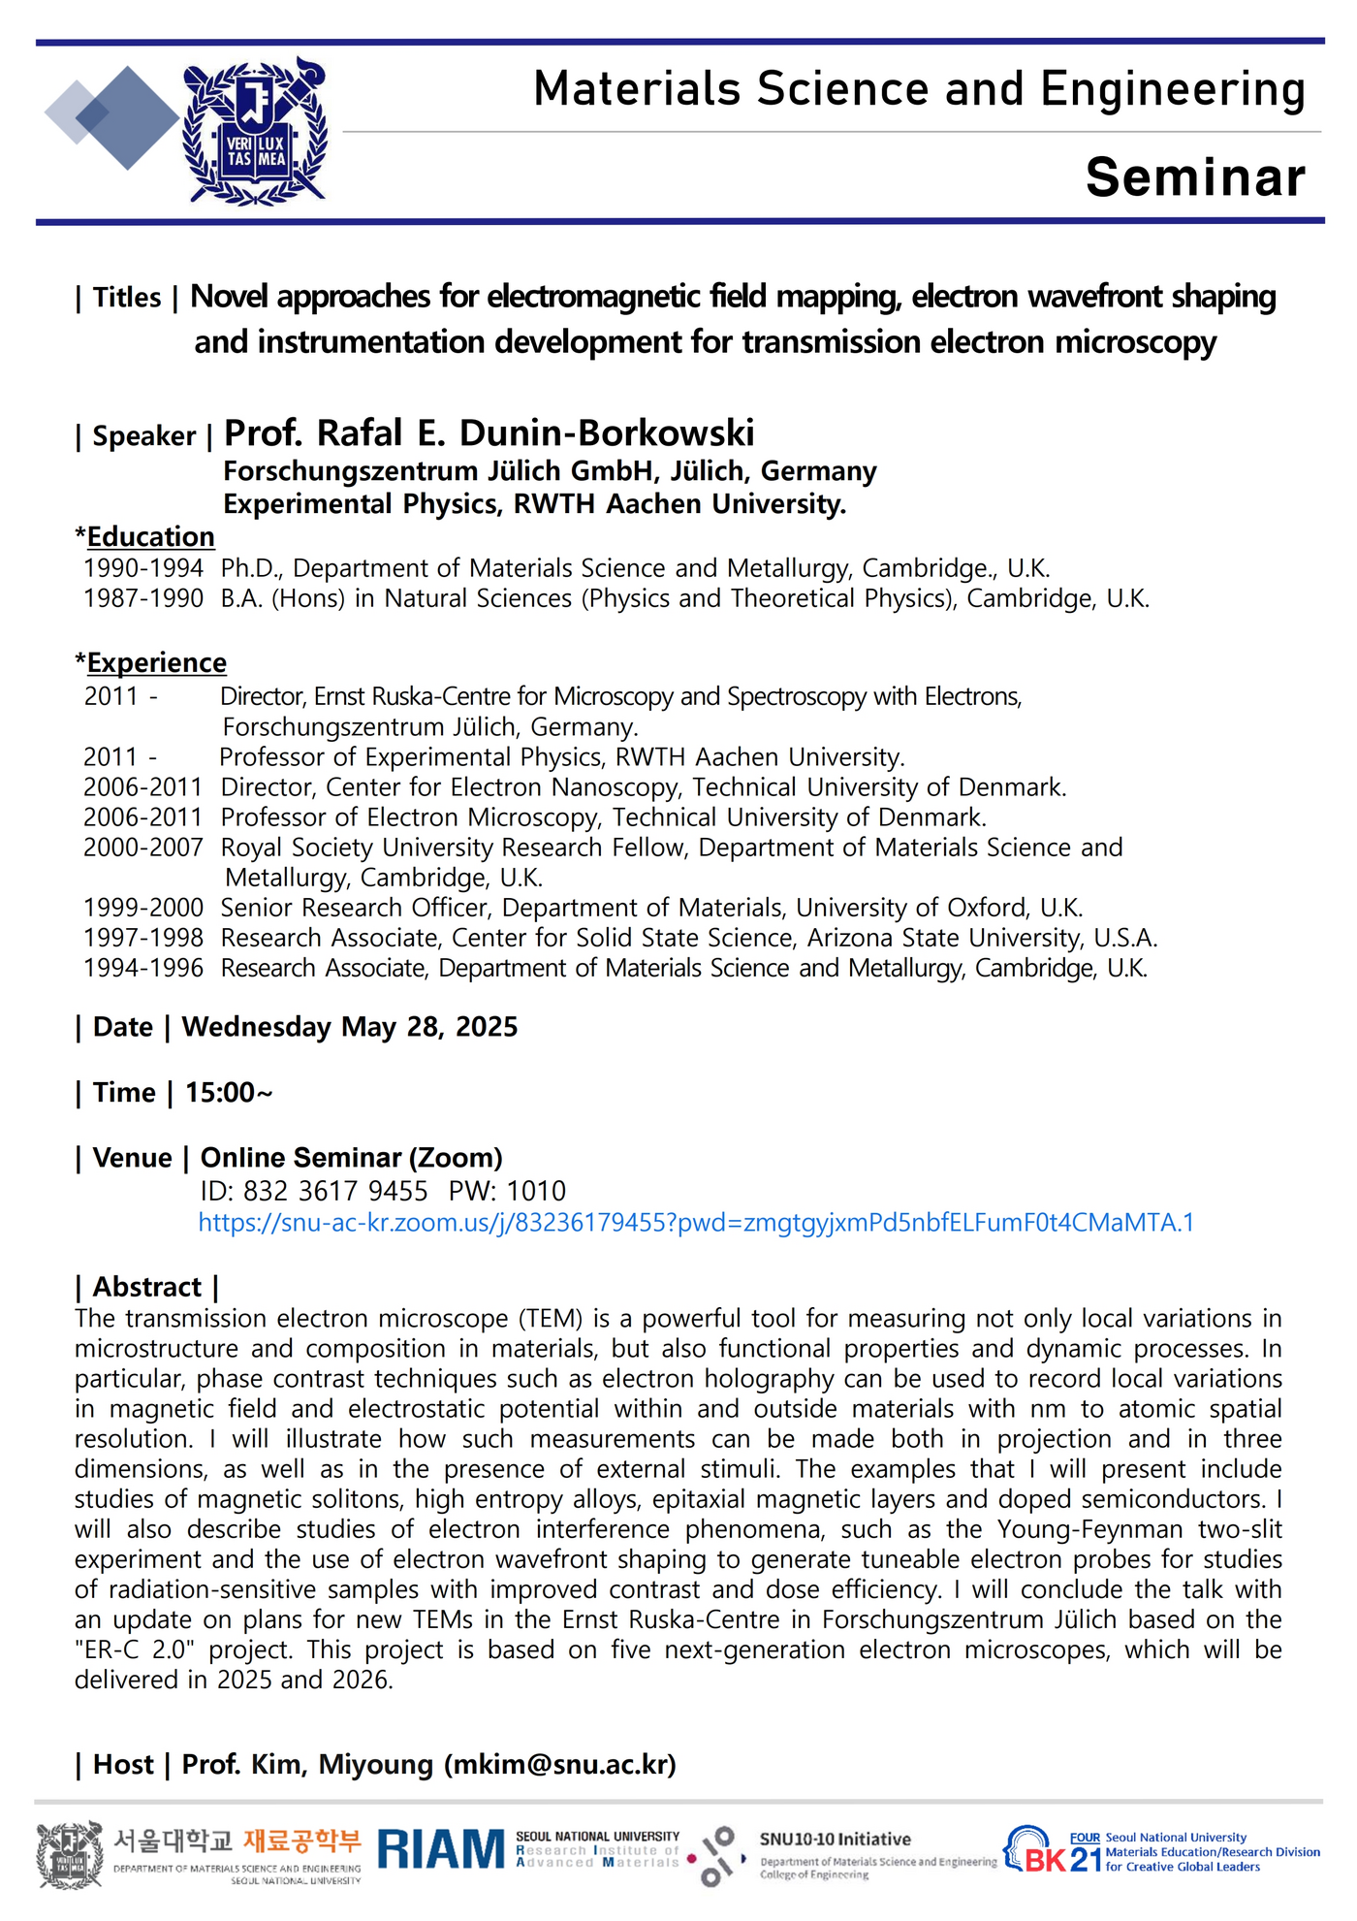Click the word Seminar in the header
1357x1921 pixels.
pos(1195,177)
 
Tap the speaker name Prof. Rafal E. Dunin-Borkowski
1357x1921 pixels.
pos(489,433)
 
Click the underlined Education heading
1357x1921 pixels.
pos(150,536)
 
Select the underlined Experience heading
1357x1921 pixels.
pos(156,662)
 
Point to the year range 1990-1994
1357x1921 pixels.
pos(143,568)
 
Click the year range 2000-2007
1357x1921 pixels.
pos(143,848)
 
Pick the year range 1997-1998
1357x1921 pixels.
pos(143,938)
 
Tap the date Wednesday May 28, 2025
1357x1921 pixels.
pos(350,1027)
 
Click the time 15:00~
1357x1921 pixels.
pos(229,1093)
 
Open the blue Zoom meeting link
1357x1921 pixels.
pos(696,1223)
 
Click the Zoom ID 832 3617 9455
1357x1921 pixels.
pos(334,1191)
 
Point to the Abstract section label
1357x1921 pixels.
pos(147,1287)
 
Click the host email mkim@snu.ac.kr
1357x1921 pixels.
pos(560,1764)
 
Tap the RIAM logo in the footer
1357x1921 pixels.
pos(441,1849)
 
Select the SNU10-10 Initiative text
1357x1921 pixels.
pos(835,1840)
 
